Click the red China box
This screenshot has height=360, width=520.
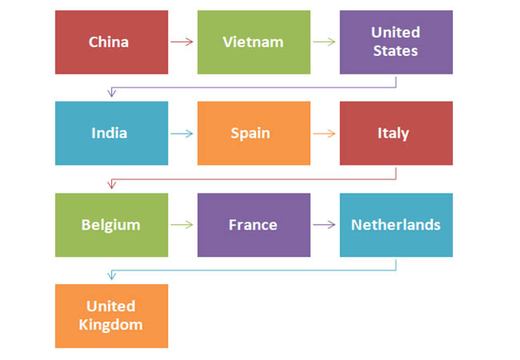(111, 42)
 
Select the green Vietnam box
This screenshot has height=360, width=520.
(254, 42)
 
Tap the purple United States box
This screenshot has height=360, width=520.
(396, 42)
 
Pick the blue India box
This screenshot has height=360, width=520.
(111, 134)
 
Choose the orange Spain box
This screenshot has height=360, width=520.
(254, 134)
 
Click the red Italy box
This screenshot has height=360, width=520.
(396, 134)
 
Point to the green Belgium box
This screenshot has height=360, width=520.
(111, 225)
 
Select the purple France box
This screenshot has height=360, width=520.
(254, 225)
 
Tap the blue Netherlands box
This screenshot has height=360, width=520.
(396, 225)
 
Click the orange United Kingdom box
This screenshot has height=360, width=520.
(111, 316)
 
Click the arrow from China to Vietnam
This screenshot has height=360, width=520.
(182, 42)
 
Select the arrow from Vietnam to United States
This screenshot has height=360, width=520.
(324, 42)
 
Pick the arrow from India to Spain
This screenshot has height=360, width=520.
(182, 134)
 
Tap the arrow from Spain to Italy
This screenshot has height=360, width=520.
(324, 134)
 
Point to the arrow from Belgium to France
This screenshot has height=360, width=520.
(182, 225)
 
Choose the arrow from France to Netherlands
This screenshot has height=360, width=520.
(324, 225)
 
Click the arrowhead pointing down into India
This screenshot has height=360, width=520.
(112, 93)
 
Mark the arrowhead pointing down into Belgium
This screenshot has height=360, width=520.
(112, 184)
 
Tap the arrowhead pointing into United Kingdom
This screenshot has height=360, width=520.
(112, 275)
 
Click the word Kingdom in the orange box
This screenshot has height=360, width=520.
(110, 325)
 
